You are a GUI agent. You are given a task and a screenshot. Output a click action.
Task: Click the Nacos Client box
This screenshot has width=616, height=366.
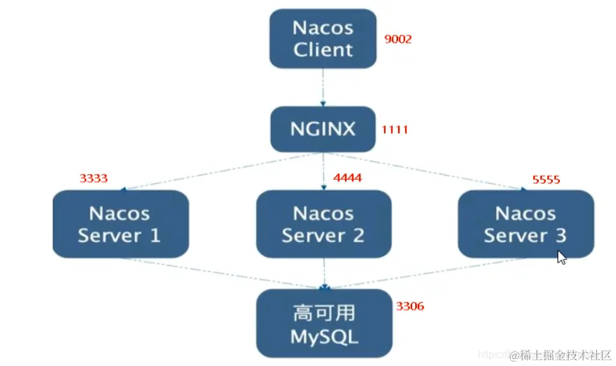(323, 39)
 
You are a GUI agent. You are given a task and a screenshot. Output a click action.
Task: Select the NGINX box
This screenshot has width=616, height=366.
(323, 129)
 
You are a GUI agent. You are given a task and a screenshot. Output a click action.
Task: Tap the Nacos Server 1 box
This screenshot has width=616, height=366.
(121, 224)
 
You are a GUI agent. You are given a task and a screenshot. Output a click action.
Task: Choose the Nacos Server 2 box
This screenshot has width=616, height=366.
(323, 224)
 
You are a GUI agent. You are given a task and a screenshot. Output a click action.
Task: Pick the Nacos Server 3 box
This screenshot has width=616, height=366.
(526, 224)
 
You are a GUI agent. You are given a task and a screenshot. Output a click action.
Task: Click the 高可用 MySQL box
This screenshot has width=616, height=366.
(324, 323)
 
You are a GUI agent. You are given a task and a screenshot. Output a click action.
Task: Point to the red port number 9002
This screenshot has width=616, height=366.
(398, 39)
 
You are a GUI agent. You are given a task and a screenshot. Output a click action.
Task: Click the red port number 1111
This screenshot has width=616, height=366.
(395, 130)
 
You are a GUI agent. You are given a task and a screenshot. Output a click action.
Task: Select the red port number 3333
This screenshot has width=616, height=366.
(93, 179)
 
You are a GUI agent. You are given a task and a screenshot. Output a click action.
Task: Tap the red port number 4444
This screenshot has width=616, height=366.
(348, 178)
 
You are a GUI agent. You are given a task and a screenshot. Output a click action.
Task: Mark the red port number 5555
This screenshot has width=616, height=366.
(546, 180)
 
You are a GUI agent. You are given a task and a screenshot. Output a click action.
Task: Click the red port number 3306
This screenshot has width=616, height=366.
(410, 306)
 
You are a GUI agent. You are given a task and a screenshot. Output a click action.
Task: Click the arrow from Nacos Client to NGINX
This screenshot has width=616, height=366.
(323, 87)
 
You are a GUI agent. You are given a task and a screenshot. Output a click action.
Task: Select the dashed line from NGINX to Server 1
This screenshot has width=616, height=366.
(222, 171)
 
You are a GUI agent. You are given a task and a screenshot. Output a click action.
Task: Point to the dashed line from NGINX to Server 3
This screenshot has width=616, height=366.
(425, 171)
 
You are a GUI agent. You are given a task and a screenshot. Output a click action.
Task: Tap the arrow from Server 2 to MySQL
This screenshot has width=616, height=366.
(324, 274)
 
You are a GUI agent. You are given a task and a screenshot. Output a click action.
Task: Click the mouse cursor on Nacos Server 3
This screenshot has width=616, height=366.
(562, 257)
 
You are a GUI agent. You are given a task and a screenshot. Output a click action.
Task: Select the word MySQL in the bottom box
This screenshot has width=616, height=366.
(325, 337)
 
